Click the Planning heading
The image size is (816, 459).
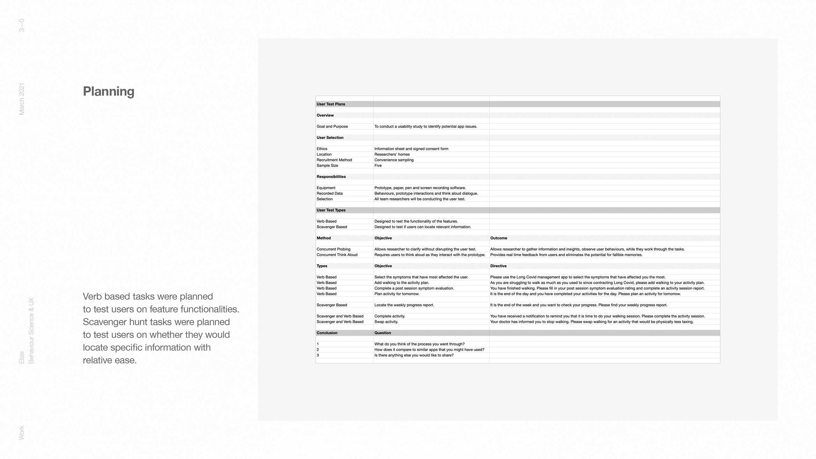[108, 91]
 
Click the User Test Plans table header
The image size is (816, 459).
[331, 104]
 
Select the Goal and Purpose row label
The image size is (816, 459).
[332, 127]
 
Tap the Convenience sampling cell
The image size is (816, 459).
[394, 160]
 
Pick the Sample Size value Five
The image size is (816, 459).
[378, 165]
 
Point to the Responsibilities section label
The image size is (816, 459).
[331, 177]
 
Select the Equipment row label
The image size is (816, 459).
[326, 188]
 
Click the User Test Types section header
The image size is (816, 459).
[331, 210]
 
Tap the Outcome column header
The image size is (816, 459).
[498, 238]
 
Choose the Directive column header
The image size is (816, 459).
[498, 266]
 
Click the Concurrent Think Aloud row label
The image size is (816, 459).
[337, 255]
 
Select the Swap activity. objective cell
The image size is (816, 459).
[386, 322]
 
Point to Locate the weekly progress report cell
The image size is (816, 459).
[404, 305]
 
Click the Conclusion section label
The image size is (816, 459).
[327, 333]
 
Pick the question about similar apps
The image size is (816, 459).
[429, 350]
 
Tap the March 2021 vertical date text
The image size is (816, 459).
[22, 99]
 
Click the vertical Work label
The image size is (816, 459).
[22, 433]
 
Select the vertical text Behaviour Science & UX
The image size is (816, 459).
[31, 331]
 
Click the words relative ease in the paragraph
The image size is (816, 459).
[109, 360]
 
